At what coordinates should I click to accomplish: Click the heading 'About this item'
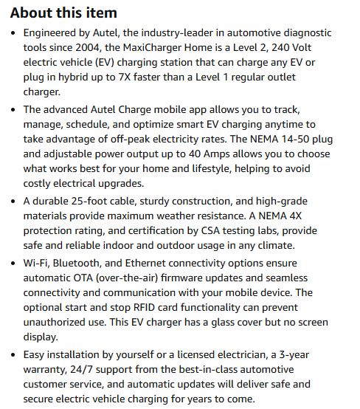tap(63, 13)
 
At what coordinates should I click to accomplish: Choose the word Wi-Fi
tap(37, 263)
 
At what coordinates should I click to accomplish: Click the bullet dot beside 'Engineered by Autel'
tap(14, 34)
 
